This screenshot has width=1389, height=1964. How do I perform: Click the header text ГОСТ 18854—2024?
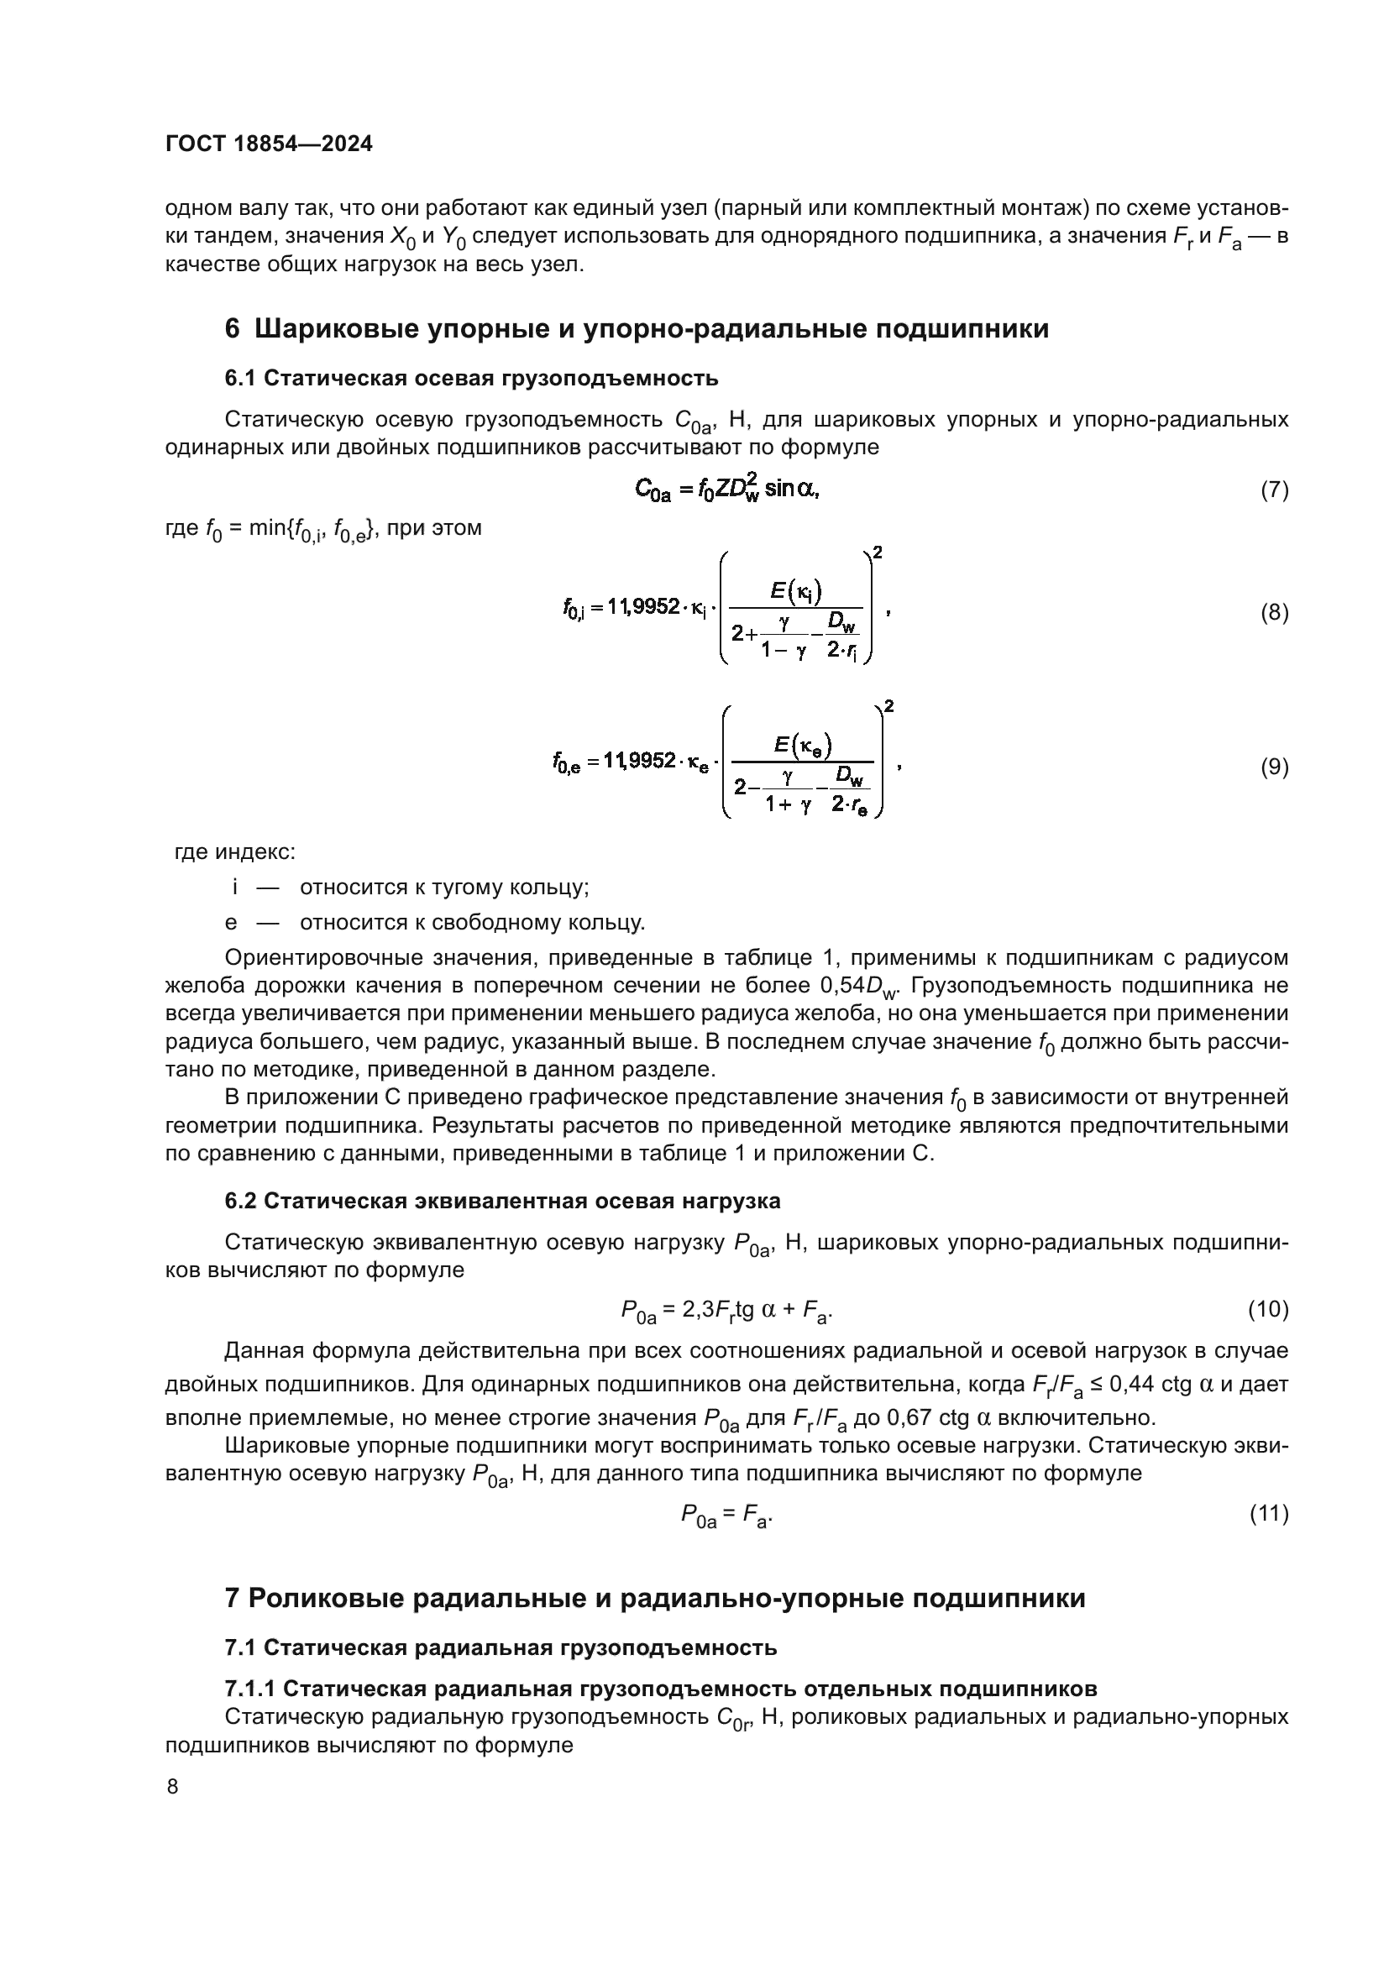pos(269,144)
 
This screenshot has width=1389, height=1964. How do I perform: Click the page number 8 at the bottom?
pos(173,1786)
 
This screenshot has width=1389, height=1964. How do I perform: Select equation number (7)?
pos(1274,490)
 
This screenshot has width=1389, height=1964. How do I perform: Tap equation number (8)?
pos(1274,612)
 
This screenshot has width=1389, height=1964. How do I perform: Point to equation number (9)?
pos(1274,767)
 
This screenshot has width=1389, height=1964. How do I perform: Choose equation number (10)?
pos(1267,1308)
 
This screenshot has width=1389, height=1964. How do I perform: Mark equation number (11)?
pos(1268,1513)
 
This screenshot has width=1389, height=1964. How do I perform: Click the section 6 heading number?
pos(232,329)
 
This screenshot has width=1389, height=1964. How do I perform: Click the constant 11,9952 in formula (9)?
pos(639,761)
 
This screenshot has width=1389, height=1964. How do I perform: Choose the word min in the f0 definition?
pos(267,528)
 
